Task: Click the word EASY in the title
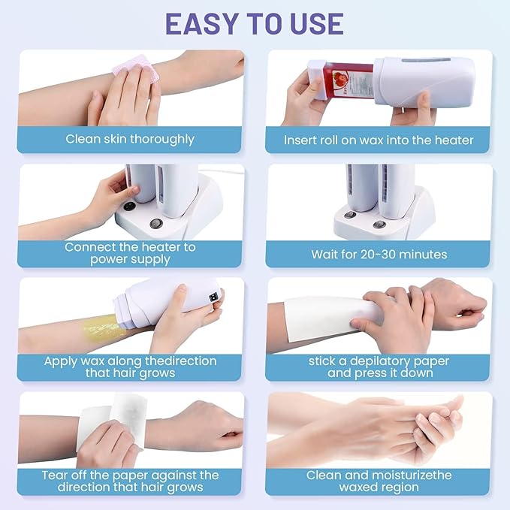click(x=201, y=24)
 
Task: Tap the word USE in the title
click(x=316, y=24)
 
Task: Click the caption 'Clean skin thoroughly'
click(x=130, y=139)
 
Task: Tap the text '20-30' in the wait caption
click(x=378, y=254)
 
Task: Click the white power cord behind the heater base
click(x=222, y=171)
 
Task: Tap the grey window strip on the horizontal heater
click(x=426, y=60)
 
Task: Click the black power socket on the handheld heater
click(x=213, y=297)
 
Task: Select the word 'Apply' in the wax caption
click(x=61, y=362)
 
